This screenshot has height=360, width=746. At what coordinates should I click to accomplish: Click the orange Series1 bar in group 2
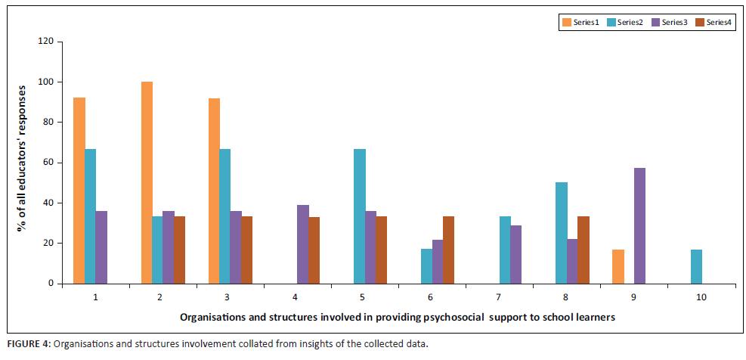pyautogui.click(x=147, y=182)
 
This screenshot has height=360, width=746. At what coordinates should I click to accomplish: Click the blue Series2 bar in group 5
pyautogui.click(x=360, y=216)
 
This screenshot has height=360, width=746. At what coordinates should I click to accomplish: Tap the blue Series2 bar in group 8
pyautogui.click(x=561, y=233)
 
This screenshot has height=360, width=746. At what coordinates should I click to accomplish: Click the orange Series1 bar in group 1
pyautogui.click(x=79, y=191)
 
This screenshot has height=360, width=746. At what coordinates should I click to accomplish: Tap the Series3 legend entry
pyautogui.click(x=670, y=22)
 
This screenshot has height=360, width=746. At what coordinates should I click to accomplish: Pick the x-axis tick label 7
pyautogui.click(x=499, y=297)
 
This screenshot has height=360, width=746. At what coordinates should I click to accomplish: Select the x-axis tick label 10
pyautogui.click(x=701, y=297)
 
